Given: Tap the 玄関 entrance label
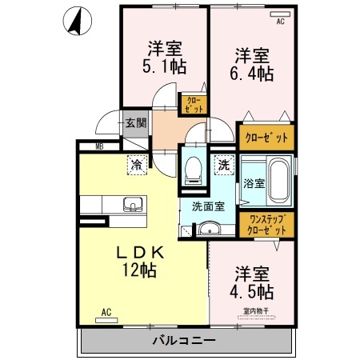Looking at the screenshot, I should tap(135, 123).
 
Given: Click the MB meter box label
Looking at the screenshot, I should tap(100, 146).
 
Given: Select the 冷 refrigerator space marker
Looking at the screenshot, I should tap(137, 166).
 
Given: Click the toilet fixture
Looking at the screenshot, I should tap(194, 169).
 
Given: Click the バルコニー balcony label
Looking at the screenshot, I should tap(183, 341).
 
